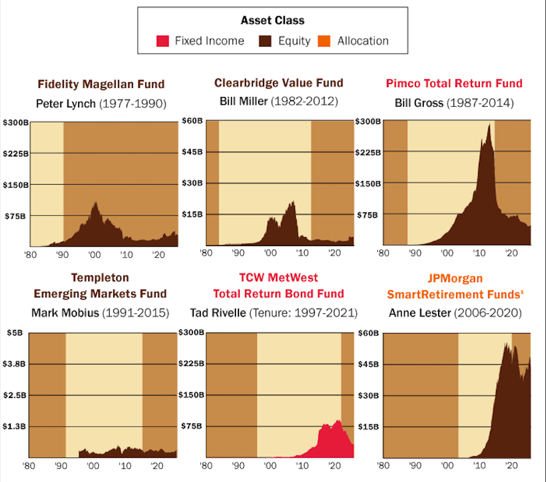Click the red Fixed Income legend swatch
coord(162,41)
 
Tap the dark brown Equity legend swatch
coord(265,41)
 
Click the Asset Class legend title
coord(272,20)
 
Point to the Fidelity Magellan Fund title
coord(101,84)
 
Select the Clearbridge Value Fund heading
coord(279,83)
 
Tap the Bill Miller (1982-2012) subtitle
coord(279,101)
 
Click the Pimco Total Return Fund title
coord(454,83)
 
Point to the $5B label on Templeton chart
coord(14,333)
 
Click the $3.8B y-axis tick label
coord(14,364)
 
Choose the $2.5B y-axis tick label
coord(14,395)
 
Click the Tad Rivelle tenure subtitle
coord(274,312)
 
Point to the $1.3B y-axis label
coord(14,427)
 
